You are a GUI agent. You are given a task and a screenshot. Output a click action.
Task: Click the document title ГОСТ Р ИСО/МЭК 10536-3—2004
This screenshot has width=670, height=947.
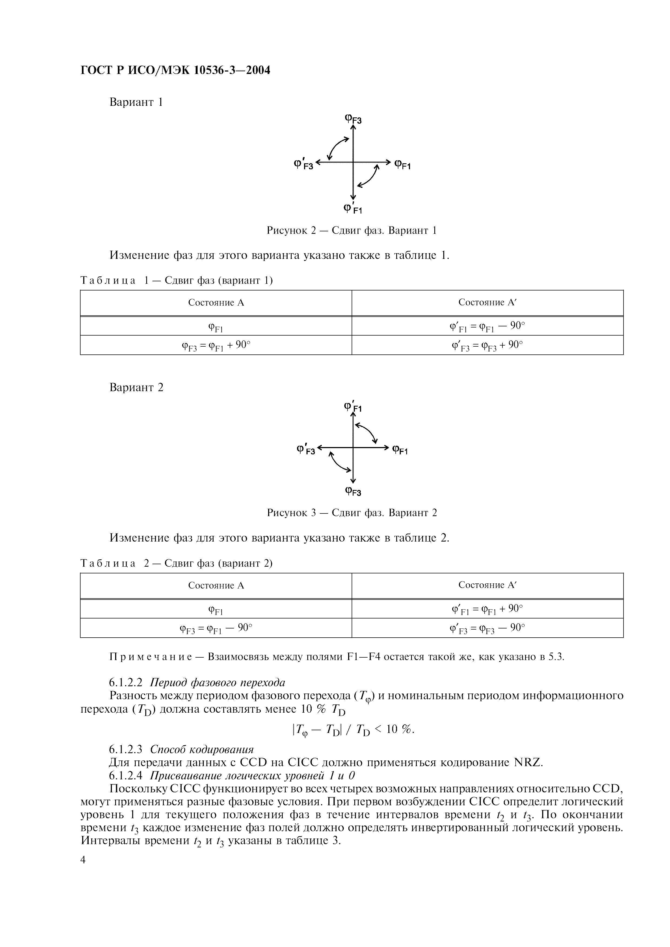point(175,70)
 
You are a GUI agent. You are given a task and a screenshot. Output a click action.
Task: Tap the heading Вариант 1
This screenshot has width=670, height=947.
point(136,102)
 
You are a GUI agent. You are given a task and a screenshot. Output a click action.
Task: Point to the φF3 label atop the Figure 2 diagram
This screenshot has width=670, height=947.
point(353,119)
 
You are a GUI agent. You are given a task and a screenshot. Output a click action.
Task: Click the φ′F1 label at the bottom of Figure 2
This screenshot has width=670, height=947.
point(352,209)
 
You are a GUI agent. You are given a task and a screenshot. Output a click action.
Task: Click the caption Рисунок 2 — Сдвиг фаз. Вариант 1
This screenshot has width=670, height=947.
point(351,230)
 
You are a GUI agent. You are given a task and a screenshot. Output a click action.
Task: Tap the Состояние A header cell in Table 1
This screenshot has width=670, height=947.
point(216,303)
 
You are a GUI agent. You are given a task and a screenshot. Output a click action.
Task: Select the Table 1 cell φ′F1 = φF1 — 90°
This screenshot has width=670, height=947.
point(487,326)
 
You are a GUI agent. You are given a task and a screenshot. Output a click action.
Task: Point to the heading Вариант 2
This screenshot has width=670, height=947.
point(136,387)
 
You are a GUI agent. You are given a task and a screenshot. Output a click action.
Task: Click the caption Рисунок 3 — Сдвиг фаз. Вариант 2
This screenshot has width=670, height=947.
point(351,513)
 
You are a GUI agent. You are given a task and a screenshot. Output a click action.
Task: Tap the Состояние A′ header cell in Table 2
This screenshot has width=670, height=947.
point(487,585)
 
